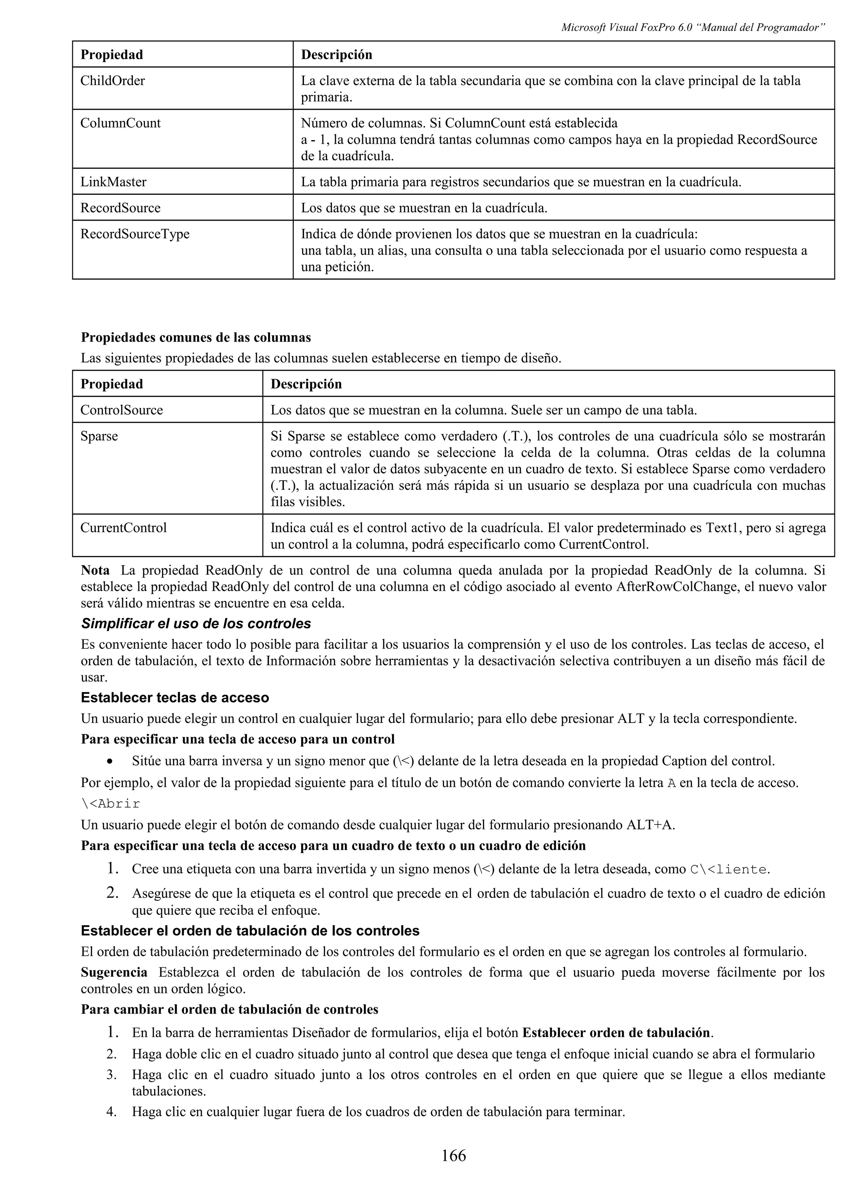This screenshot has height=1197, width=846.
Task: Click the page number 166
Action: point(454,1156)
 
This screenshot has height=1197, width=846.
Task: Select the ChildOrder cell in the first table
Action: point(113,81)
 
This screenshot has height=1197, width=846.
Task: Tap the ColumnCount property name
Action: point(120,123)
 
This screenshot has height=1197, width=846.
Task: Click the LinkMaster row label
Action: point(113,182)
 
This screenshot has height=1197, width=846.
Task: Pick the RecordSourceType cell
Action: point(135,234)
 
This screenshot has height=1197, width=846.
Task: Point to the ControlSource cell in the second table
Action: point(121,410)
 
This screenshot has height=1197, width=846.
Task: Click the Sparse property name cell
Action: point(99,436)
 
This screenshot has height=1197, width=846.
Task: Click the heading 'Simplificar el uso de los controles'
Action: point(195,624)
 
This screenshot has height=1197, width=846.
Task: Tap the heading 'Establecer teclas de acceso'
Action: point(175,698)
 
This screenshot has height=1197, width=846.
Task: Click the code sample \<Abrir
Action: point(111,804)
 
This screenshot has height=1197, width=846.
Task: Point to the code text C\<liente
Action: point(729,869)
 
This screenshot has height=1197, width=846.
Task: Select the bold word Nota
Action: point(95,570)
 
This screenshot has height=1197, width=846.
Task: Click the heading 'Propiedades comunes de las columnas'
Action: point(195,337)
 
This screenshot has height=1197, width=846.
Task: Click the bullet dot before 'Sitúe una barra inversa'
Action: point(109,762)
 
